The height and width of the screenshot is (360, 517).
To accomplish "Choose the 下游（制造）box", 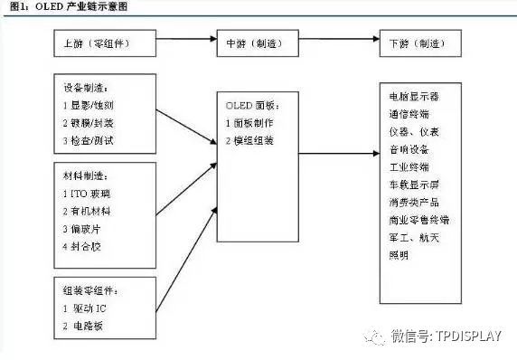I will [x=415, y=43].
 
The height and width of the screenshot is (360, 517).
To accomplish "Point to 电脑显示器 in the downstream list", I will [x=413, y=97].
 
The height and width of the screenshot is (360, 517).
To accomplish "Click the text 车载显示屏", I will [x=413, y=184].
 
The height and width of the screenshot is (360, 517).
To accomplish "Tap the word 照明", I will [x=398, y=255].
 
